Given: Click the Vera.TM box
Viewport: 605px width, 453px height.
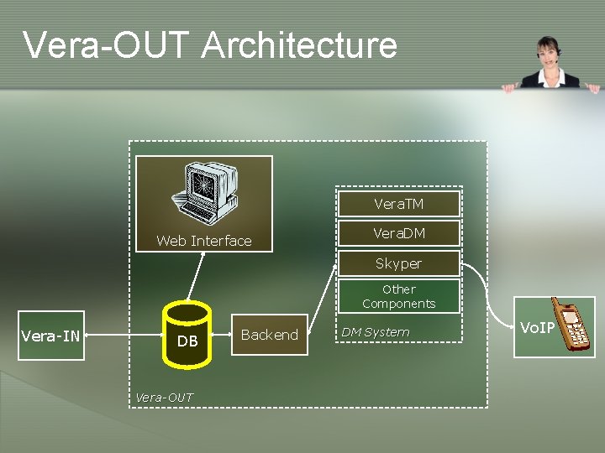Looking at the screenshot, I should [x=398, y=204].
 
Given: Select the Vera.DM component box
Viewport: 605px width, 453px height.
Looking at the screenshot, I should [x=398, y=233].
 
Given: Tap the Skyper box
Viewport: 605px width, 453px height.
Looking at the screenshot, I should [x=398, y=263].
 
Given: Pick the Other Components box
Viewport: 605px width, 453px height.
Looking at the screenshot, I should [x=398, y=296].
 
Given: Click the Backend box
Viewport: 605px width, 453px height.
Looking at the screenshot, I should [x=269, y=335].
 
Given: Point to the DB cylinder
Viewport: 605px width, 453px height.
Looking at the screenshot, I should [x=187, y=336].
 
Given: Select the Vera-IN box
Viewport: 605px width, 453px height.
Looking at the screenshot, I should [x=50, y=336].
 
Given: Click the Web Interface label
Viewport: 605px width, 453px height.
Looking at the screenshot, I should [x=204, y=241].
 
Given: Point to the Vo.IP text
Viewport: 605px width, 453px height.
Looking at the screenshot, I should [x=537, y=327].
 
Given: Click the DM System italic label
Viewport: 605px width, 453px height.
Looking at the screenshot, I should [x=375, y=332].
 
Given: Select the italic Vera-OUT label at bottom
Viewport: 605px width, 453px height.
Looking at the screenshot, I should [x=164, y=397].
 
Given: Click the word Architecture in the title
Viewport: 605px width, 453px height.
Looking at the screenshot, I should [x=299, y=45].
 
